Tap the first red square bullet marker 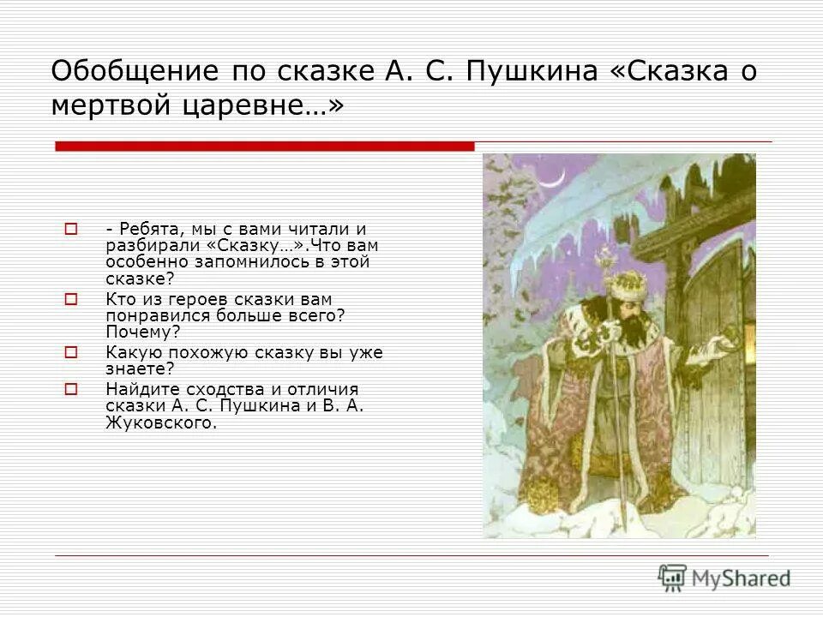click(x=71, y=229)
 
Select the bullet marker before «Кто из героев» click(x=71, y=299)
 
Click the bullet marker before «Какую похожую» click(x=71, y=351)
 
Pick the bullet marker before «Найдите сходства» click(x=71, y=388)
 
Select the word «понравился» click(x=148, y=315)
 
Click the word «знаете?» click(x=140, y=368)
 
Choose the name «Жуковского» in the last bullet click(x=161, y=422)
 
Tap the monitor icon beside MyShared click(x=672, y=578)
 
